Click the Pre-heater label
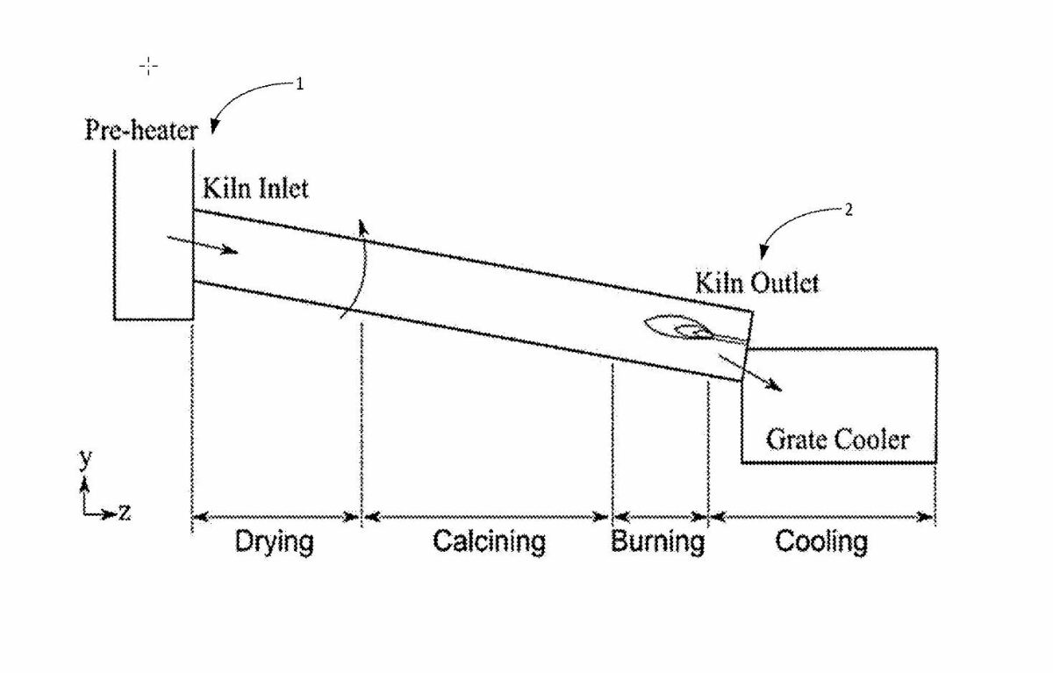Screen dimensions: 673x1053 tap(140, 131)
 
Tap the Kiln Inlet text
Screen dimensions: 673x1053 tap(255, 188)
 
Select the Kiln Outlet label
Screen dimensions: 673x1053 tap(756, 283)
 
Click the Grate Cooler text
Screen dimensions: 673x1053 tap(837, 439)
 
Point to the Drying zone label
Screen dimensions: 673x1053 tap(274, 541)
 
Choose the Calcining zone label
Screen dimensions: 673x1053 tap(488, 541)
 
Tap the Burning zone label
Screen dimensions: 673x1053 tap(657, 541)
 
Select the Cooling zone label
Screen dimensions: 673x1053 tap(820, 541)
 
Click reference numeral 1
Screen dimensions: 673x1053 tap(299, 84)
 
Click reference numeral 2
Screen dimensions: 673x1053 tap(848, 210)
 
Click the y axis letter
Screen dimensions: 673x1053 tap(85, 457)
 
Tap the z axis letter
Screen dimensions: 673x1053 tap(125, 512)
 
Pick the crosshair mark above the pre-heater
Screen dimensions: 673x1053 tap(149, 66)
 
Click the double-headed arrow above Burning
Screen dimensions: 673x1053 tap(660, 517)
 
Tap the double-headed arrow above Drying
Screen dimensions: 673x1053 tap(276, 517)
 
